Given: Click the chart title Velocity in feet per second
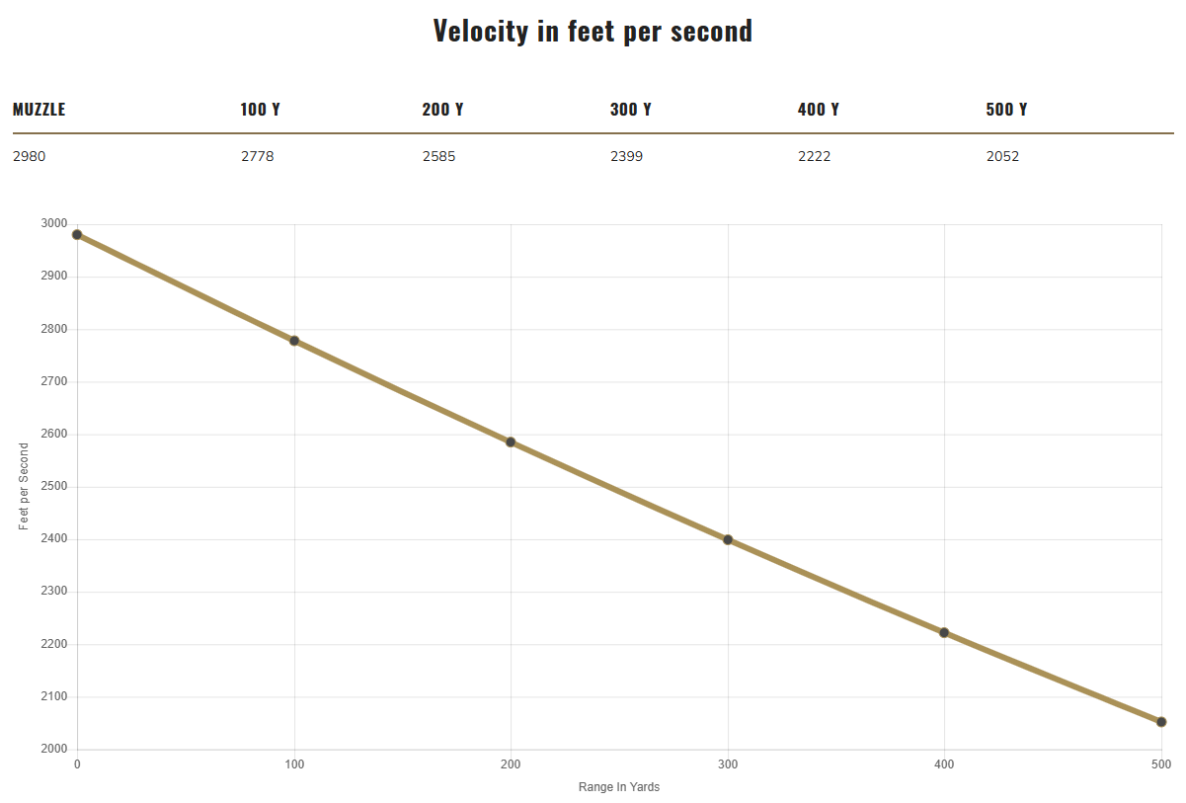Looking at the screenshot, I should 593,31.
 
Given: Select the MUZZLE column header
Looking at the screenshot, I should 40,110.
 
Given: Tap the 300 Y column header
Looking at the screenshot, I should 630,110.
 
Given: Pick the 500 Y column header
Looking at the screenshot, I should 1006,110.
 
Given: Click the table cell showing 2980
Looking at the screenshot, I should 29,156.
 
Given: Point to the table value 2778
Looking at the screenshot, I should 257,156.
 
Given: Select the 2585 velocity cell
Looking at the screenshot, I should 438,156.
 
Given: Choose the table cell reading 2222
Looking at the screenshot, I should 814,156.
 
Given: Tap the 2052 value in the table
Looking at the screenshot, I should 1002,156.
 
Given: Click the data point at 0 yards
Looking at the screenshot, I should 77,235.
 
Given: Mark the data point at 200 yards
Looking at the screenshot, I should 511,442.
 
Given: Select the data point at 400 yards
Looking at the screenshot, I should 944,632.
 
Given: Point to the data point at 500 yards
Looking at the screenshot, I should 1161,722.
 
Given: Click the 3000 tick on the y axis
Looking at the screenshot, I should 52,224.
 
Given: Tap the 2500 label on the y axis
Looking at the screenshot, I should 52,487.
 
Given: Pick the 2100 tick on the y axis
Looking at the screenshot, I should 52,697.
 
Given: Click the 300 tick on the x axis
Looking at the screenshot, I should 728,764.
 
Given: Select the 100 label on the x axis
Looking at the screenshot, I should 294,764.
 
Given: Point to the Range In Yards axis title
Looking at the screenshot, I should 619,787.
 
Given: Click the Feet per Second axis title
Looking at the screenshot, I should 25,486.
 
